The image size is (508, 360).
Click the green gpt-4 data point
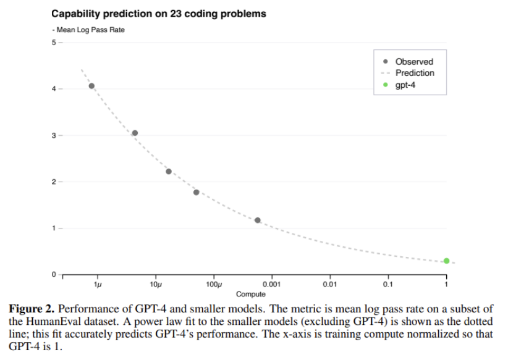pos(446,261)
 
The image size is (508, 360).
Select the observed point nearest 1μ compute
pos(91,86)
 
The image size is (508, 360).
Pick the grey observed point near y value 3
pos(135,133)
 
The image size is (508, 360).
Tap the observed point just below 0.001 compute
pos(258,220)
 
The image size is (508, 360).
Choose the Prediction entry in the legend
pos(415,73)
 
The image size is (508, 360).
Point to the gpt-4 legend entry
pos(405,85)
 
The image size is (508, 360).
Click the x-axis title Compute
pos(251,294)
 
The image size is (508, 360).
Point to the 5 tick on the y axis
pos(54,43)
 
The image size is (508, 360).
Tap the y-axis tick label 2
pos(54,182)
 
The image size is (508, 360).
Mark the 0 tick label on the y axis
pos(54,274)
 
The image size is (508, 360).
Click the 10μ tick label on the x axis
pos(155,285)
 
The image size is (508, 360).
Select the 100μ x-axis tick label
pos(213,285)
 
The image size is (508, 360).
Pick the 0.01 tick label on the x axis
pos(330,285)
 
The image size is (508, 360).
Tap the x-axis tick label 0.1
pos(388,285)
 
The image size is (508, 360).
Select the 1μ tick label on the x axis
pos(97,285)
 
